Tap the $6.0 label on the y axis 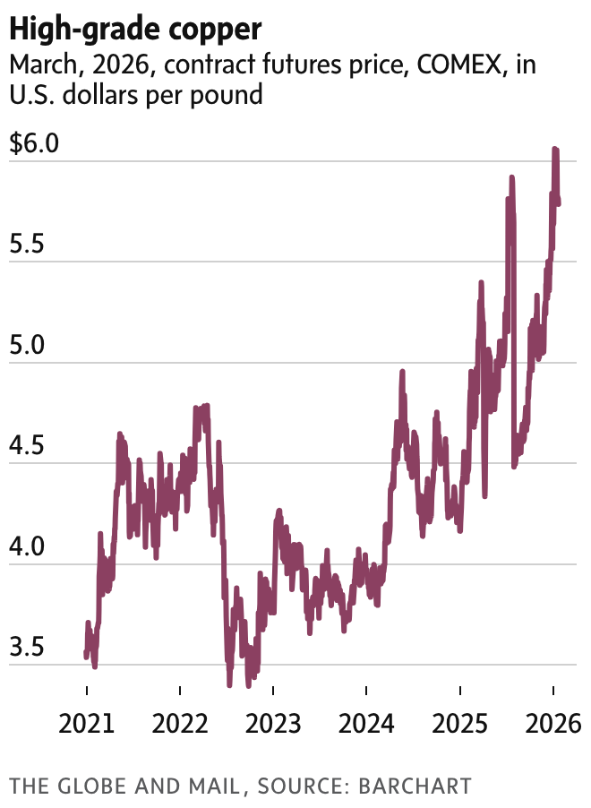[x=34, y=143]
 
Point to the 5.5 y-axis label [x=27, y=245]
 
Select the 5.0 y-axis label [x=27, y=346]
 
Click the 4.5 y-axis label [x=27, y=446]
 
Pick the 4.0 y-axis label [x=27, y=547]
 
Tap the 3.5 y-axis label [x=27, y=648]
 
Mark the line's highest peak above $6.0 [x=555, y=150]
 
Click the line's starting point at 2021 [x=86, y=654]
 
